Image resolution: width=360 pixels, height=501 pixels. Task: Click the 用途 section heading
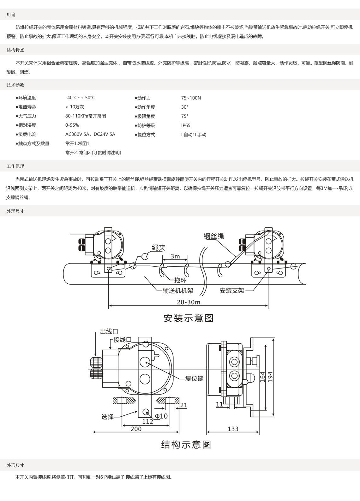click(x=11, y=15)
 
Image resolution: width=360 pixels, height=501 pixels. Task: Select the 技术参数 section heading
click(x=15, y=85)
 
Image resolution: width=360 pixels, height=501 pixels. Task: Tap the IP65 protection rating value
click(x=186, y=125)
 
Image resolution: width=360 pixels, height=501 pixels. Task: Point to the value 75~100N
click(x=191, y=98)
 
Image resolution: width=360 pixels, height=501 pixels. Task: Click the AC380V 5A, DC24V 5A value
click(x=90, y=135)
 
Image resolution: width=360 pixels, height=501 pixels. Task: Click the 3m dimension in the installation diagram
click(x=175, y=256)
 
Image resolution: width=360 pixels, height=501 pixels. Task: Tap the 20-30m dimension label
click(x=189, y=302)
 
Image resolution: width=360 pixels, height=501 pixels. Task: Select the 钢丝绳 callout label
click(x=213, y=236)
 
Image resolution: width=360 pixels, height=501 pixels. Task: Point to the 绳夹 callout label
click(x=159, y=248)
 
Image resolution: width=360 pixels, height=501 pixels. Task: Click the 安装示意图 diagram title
click(x=188, y=318)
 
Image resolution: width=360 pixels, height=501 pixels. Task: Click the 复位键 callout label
click(x=194, y=378)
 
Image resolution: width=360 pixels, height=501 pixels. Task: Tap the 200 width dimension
click(x=136, y=429)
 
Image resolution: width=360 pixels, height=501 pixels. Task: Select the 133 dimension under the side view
click(x=233, y=429)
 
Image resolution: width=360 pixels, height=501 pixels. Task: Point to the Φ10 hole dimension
click(x=161, y=416)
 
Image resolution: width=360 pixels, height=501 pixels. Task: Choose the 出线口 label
click(x=109, y=331)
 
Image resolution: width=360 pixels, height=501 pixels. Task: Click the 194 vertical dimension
click(x=270, y=377)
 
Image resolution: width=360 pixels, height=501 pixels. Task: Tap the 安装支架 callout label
click(x=232, y=291)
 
